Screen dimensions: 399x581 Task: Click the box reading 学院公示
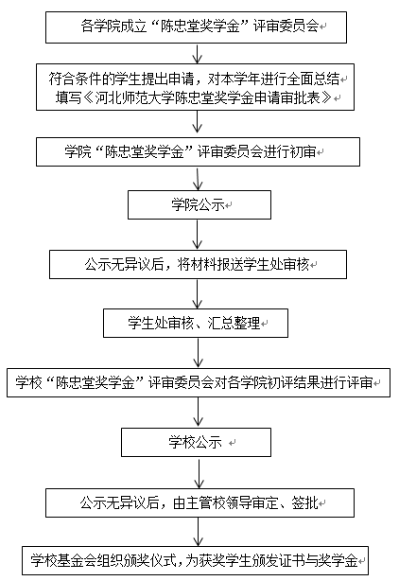(199, 205)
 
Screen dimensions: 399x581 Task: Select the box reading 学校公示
(196, 443)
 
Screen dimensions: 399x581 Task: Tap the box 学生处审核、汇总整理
(196, 323)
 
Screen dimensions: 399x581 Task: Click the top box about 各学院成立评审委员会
(196, 27)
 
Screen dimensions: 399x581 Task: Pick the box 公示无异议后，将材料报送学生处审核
(198, 264)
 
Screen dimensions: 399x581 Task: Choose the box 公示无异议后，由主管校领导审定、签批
(199, 502)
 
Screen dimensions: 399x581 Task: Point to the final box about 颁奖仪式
(195, 560)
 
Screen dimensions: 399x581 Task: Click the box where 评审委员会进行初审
(198, 152)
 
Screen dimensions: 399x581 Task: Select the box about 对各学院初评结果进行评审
(199, 383)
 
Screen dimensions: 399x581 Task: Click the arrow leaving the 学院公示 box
(198, 235)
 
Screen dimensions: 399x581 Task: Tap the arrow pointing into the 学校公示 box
(199, 413)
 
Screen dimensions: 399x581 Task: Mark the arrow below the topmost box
(198, 53)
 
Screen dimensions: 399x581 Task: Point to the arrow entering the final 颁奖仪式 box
(199, 532)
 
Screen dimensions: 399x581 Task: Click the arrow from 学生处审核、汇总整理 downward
(199, 353)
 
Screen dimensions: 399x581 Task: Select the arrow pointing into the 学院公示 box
(198, 178)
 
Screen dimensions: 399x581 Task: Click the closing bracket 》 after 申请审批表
(326, 97)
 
